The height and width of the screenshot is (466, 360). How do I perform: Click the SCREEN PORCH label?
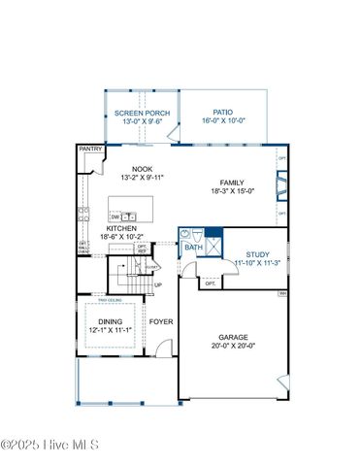point(143,114)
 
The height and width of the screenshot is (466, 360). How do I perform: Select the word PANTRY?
point(90,150)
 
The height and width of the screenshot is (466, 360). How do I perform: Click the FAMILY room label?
point(233,183)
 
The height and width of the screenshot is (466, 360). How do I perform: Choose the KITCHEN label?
point(121,228)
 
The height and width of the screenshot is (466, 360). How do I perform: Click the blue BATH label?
point(193,248)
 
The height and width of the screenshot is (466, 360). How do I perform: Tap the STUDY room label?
point(257,253)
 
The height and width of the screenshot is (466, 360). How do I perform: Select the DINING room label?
point(111,321)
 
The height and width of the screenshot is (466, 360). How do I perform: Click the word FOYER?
point(160,321)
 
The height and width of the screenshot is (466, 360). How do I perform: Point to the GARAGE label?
point(233,338)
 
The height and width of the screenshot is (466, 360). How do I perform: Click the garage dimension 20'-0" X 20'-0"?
point(233,347)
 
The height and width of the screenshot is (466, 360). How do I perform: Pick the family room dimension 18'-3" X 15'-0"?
point(233,191)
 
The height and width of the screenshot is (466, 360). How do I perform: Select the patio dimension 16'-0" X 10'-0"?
point(224,122)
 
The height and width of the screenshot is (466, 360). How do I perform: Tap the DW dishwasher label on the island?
point(115,216)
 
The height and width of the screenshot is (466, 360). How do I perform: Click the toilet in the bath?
point(196,234)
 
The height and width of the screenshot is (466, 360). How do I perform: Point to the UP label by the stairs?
point(157,285)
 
